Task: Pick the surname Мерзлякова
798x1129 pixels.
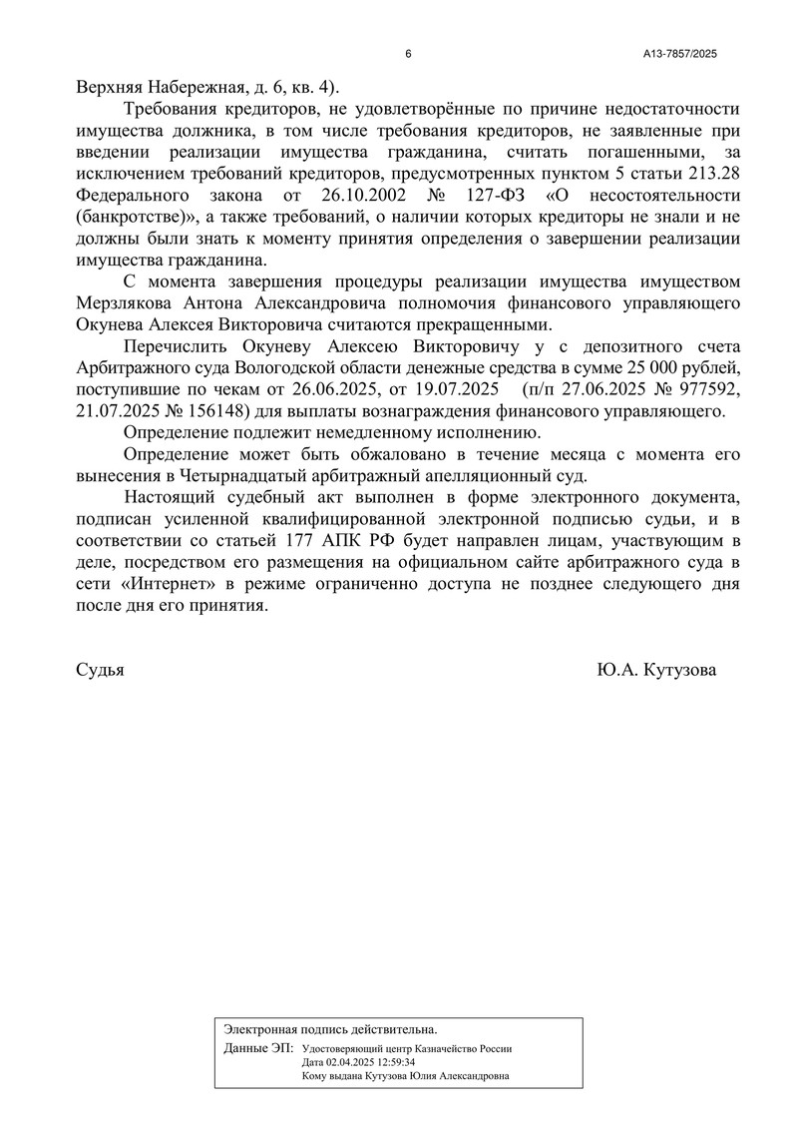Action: click(125, 302)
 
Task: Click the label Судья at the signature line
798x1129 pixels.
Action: click(100, 671)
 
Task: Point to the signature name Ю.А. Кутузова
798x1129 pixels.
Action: click(656, 671)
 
